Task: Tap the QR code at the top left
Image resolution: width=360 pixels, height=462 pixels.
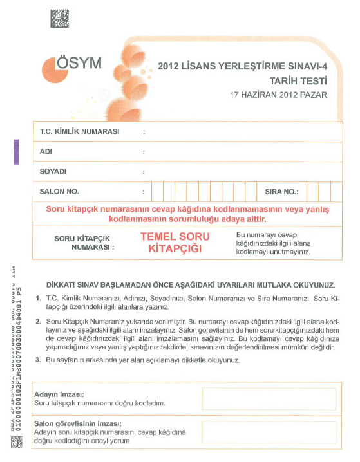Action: coord(60,19)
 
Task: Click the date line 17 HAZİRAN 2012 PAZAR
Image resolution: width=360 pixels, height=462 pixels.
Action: coord(279,95)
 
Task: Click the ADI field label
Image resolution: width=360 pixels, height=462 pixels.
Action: coord(46,152)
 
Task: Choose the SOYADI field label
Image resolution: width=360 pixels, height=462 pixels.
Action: coord(53,172)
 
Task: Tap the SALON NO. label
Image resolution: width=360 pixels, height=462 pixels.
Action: coord(59,192)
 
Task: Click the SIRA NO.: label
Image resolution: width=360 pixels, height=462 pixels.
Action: coord(282,192)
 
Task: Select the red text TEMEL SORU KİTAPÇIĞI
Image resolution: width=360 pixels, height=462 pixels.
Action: coord(175,242)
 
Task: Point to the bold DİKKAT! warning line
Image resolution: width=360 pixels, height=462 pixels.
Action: coord(191,284)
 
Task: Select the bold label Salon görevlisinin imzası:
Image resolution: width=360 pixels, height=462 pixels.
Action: coord(77,423)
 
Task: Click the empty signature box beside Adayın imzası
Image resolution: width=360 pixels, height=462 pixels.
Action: coord(269,399)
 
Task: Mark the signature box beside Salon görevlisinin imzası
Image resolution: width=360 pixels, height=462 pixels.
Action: coord(269,432)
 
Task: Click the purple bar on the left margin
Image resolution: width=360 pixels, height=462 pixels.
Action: coord(15,152)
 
